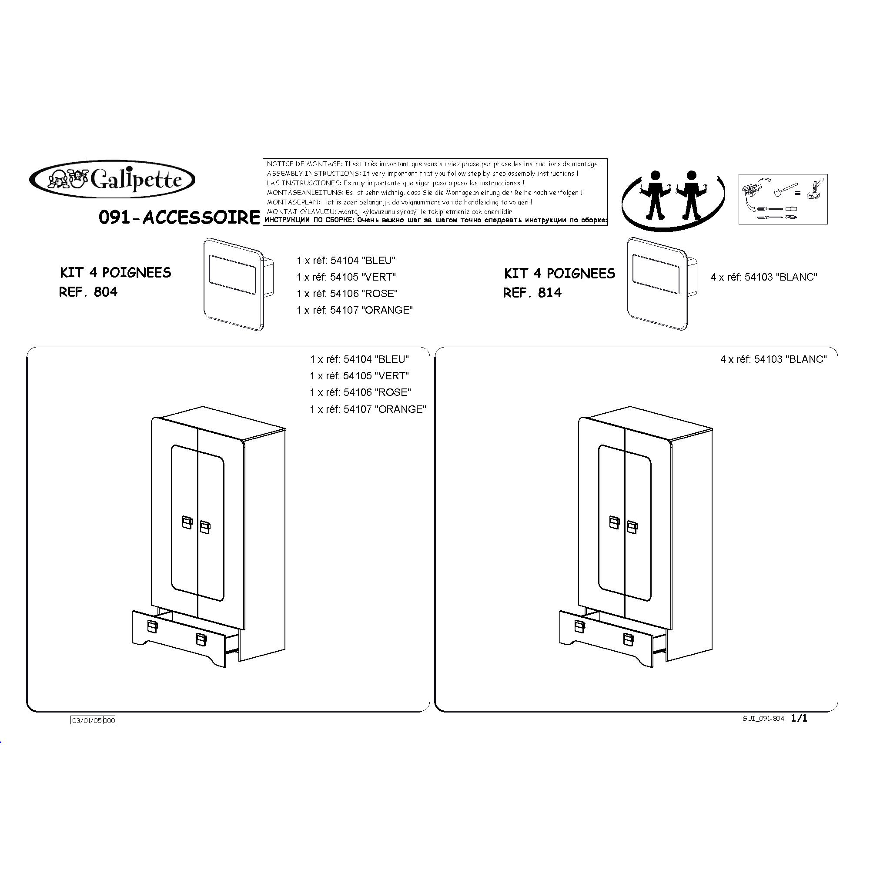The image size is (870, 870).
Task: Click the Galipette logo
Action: click(112, 180)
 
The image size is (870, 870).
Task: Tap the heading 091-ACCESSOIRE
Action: click(179, 217)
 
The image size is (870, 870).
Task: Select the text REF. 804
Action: click(88, 292)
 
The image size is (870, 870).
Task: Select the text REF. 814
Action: click(532, 293)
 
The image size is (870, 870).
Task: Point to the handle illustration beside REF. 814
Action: click(662, 284)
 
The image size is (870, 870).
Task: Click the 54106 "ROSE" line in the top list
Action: click(347, 294)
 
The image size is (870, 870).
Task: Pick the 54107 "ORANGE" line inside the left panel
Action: click(368, 409)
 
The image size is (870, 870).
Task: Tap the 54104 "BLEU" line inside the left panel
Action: click(359, 359)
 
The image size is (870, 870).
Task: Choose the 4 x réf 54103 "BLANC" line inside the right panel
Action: click(773, 359)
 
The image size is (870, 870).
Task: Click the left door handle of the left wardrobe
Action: click(187, 522)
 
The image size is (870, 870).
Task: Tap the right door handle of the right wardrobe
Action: click(632, 527)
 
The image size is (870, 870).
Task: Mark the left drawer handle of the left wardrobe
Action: click(152, 626)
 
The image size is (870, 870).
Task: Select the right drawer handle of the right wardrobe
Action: click(629, 639)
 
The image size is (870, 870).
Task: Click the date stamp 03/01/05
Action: click(87, 720)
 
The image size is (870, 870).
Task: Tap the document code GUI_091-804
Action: click(763, 719)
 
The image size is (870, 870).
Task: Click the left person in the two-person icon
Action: click(655, 194)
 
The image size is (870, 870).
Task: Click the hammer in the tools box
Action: click(785, 190)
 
